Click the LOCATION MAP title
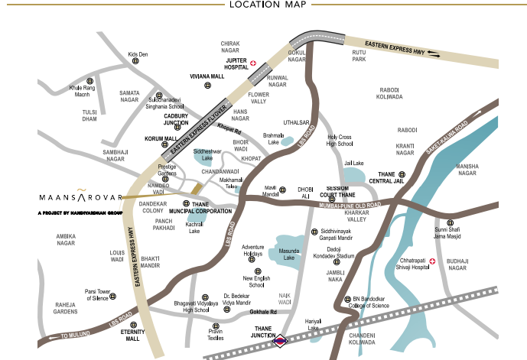coord(263,5)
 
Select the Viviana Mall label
coord(207,77)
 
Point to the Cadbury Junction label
coord(176,119)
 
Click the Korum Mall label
coord(161,139)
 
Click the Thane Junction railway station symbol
coord(281,340)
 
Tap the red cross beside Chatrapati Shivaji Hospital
coord(432,261)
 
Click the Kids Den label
coord(137,54)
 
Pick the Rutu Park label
coord(359,56)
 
